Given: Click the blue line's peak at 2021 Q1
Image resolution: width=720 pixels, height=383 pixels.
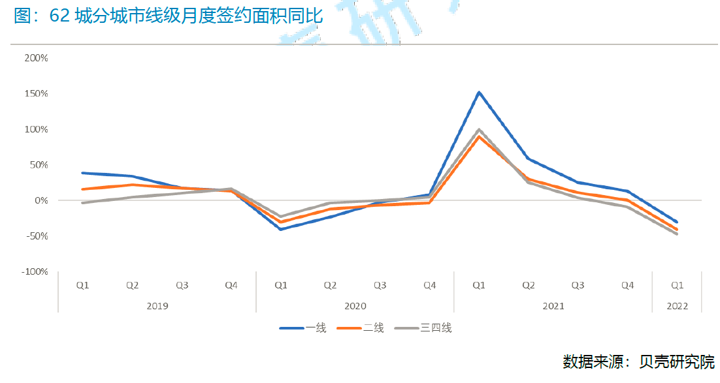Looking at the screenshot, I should click(479, 92).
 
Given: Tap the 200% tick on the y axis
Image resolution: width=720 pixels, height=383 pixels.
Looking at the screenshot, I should click(36, 58).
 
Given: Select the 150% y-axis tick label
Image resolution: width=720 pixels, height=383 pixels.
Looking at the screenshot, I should click(36, 94).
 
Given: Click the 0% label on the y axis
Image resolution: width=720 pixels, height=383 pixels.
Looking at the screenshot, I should click(41, 200).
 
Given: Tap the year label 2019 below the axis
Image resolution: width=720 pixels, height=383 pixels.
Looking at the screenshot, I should click(157, 305).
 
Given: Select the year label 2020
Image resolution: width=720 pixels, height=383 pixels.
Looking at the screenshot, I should click(355, 305).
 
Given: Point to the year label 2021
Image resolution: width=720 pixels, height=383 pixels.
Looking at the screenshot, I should click(553, 305).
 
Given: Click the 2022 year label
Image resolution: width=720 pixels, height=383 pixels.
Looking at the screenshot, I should click(677, 305).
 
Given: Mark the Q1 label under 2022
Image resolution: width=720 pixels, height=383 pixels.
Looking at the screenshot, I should click(677, 285).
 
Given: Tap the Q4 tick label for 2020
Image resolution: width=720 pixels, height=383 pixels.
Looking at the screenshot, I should click(429, 285).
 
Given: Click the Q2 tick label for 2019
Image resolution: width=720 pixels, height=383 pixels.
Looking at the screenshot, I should click(132, 285).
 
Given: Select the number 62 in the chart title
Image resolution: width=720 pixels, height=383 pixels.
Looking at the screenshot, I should click(59, 16).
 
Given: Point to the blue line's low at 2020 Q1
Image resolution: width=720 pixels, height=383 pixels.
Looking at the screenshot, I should click(281, 229).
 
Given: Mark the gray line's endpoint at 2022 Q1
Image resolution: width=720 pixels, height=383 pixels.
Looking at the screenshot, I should click(677, 234).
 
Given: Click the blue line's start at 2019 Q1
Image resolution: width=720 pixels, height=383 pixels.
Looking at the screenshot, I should click(83, 173).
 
